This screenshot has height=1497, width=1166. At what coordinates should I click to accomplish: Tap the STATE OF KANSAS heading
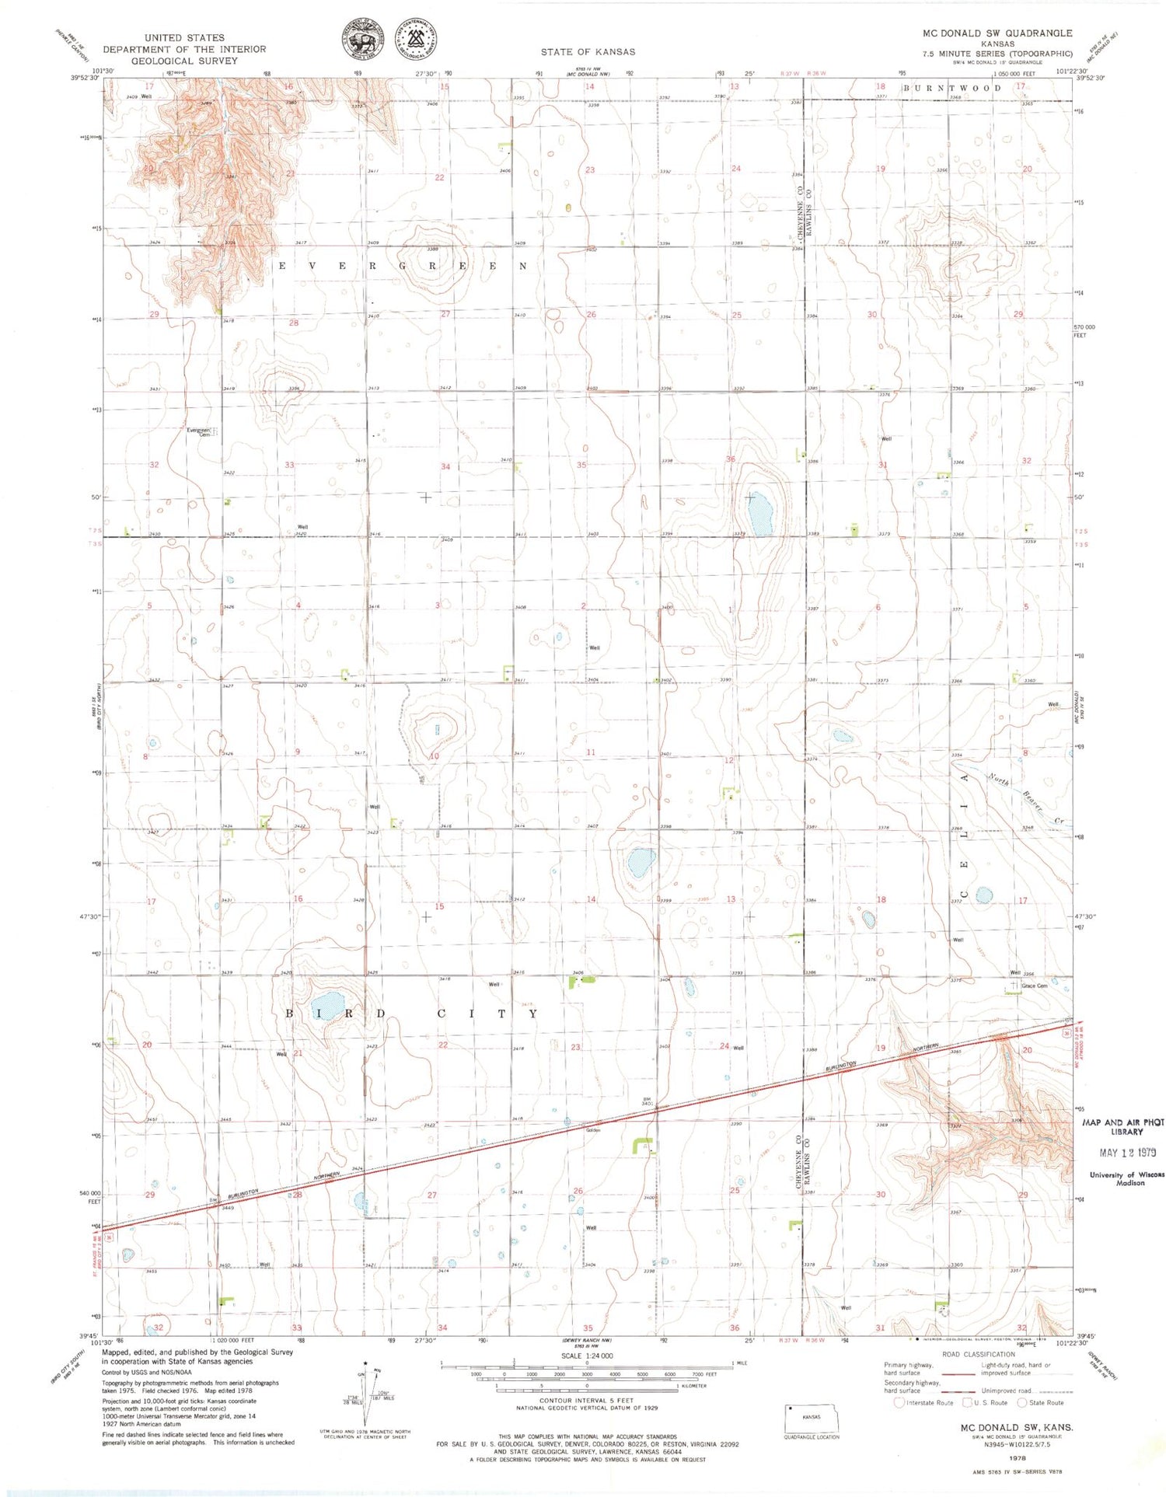tap(588, 52)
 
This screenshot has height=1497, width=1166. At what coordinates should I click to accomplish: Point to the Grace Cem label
tap(1034, 986)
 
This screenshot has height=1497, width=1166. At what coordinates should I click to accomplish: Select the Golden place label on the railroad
tap(593, 1130)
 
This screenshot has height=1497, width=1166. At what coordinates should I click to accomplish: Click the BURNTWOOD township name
tap(952, 88)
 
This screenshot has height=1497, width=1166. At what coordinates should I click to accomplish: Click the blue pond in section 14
tap(641, 860)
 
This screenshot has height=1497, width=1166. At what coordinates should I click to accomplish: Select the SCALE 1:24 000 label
tap(587, 1356)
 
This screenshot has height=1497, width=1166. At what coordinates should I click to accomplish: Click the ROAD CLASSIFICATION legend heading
tap(979, 1354)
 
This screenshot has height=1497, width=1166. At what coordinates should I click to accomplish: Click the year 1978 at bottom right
tap(1016, 1459)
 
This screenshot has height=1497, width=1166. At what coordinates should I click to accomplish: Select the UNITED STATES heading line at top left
tap(184, 37)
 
